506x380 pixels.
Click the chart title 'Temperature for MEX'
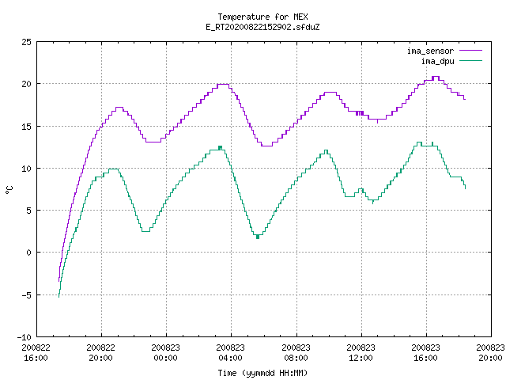262,17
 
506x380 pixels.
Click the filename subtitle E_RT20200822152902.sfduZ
262,27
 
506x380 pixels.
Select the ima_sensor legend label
430,51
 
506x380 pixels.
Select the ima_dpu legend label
437,61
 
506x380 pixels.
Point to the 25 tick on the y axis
26,42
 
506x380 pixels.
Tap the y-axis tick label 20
26,84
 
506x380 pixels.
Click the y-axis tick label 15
26,127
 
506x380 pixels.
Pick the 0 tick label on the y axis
28,253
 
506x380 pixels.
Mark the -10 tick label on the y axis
25,337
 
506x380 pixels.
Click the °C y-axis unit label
9,189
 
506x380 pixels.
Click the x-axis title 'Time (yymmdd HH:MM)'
262,373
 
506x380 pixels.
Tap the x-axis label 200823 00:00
165,352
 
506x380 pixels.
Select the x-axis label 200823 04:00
230,352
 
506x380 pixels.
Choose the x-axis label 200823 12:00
361,352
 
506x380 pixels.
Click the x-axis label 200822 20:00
100,352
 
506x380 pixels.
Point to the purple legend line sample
471,51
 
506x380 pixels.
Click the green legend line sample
471,61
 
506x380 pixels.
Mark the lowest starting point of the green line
59,297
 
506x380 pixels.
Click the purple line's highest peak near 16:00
436,77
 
